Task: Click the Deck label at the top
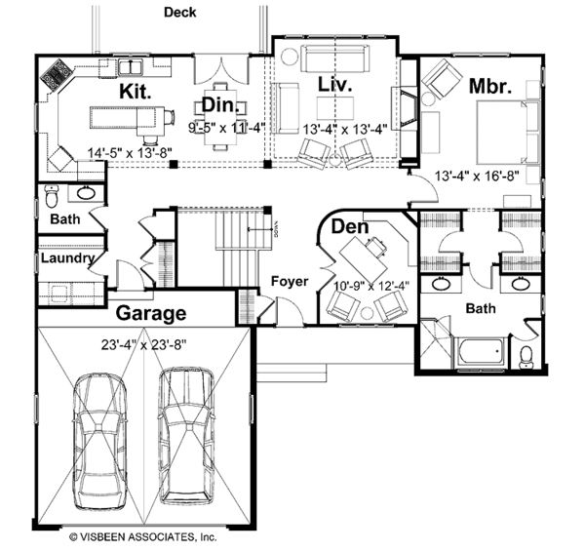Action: point(179,13)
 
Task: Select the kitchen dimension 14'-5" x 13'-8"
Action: point(129,152)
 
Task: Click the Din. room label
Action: point(216,104)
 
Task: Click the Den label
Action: point(349,227)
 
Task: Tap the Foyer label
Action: point(290,282)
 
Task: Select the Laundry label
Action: point(66,259)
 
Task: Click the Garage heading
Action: point(151,313)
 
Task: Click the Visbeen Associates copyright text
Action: point(141,536)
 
